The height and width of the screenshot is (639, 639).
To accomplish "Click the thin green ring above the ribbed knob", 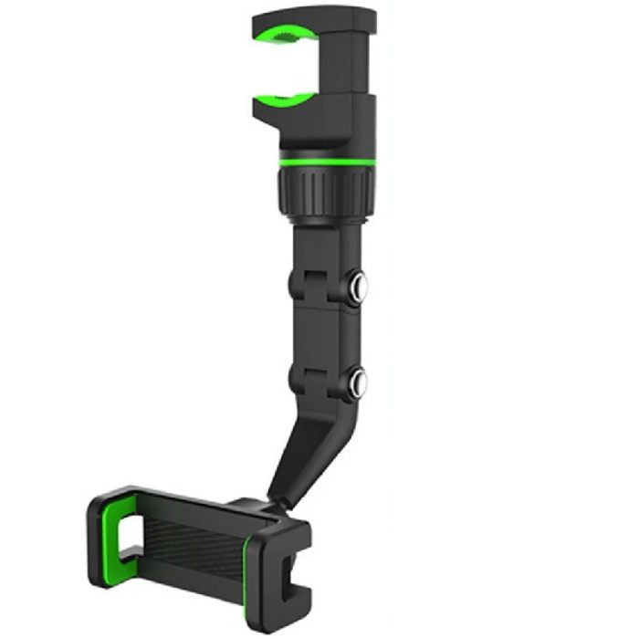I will pos(324,161).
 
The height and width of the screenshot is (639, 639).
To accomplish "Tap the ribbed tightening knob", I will pos(323,193).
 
